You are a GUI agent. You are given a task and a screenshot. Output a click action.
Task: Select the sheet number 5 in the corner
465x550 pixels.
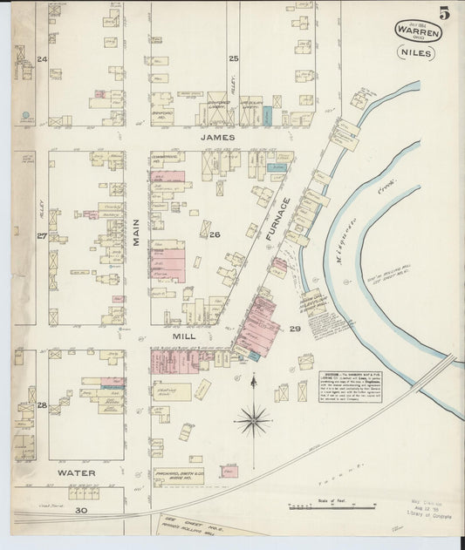(446, 12)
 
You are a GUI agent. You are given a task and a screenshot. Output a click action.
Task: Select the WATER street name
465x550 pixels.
(76, 473)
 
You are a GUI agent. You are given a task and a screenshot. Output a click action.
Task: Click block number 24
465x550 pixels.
(42, 59)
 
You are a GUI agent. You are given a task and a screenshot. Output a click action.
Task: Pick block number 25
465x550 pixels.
(233, 59)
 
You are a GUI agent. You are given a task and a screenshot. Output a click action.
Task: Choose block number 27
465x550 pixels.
(41, 236)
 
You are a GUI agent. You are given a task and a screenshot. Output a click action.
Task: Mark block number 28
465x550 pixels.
(41, 405)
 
